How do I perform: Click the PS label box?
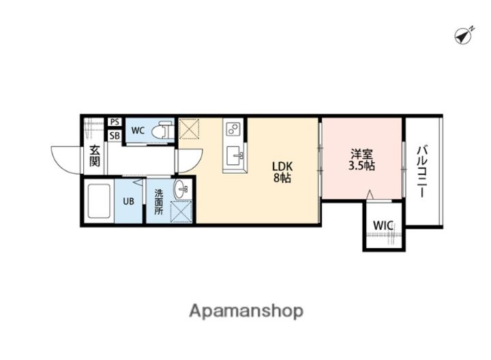point(115,121)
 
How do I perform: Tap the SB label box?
point(115,136)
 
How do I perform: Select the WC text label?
point(138,130)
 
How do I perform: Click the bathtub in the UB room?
point(99,200)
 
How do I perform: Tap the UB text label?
point(128,201)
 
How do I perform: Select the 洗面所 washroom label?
point(159,202)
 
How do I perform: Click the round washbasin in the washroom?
point(181,189)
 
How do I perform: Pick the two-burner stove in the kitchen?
point(233,129)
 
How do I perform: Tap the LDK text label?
point(282,166)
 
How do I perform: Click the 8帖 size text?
point(282,178)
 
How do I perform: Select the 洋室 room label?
point(361,154)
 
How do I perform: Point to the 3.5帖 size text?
point(361,166)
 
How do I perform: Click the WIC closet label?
point(383,225)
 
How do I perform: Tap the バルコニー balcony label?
point(422,172)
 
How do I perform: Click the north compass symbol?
point(464,36)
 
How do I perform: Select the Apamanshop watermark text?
point(246,311)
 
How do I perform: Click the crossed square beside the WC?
point(189,128)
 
